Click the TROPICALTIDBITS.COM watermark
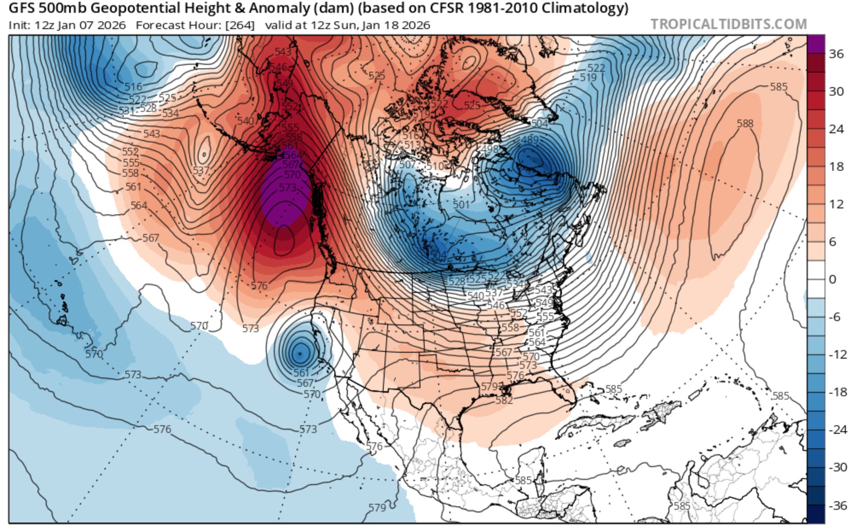point(728,24)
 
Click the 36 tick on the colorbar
point(836,54)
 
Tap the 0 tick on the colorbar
point(832,279)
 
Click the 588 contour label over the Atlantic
point(745,124)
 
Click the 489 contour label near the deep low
point(530,140)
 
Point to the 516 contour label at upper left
point(133,87)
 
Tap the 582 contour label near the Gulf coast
point(504,400)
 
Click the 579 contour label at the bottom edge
point(377,507)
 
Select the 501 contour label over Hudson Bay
point(461,205)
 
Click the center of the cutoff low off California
point(300,353)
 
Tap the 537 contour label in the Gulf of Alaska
point(201,170)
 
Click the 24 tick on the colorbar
point(836,129)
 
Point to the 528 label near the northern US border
point(456,281)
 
